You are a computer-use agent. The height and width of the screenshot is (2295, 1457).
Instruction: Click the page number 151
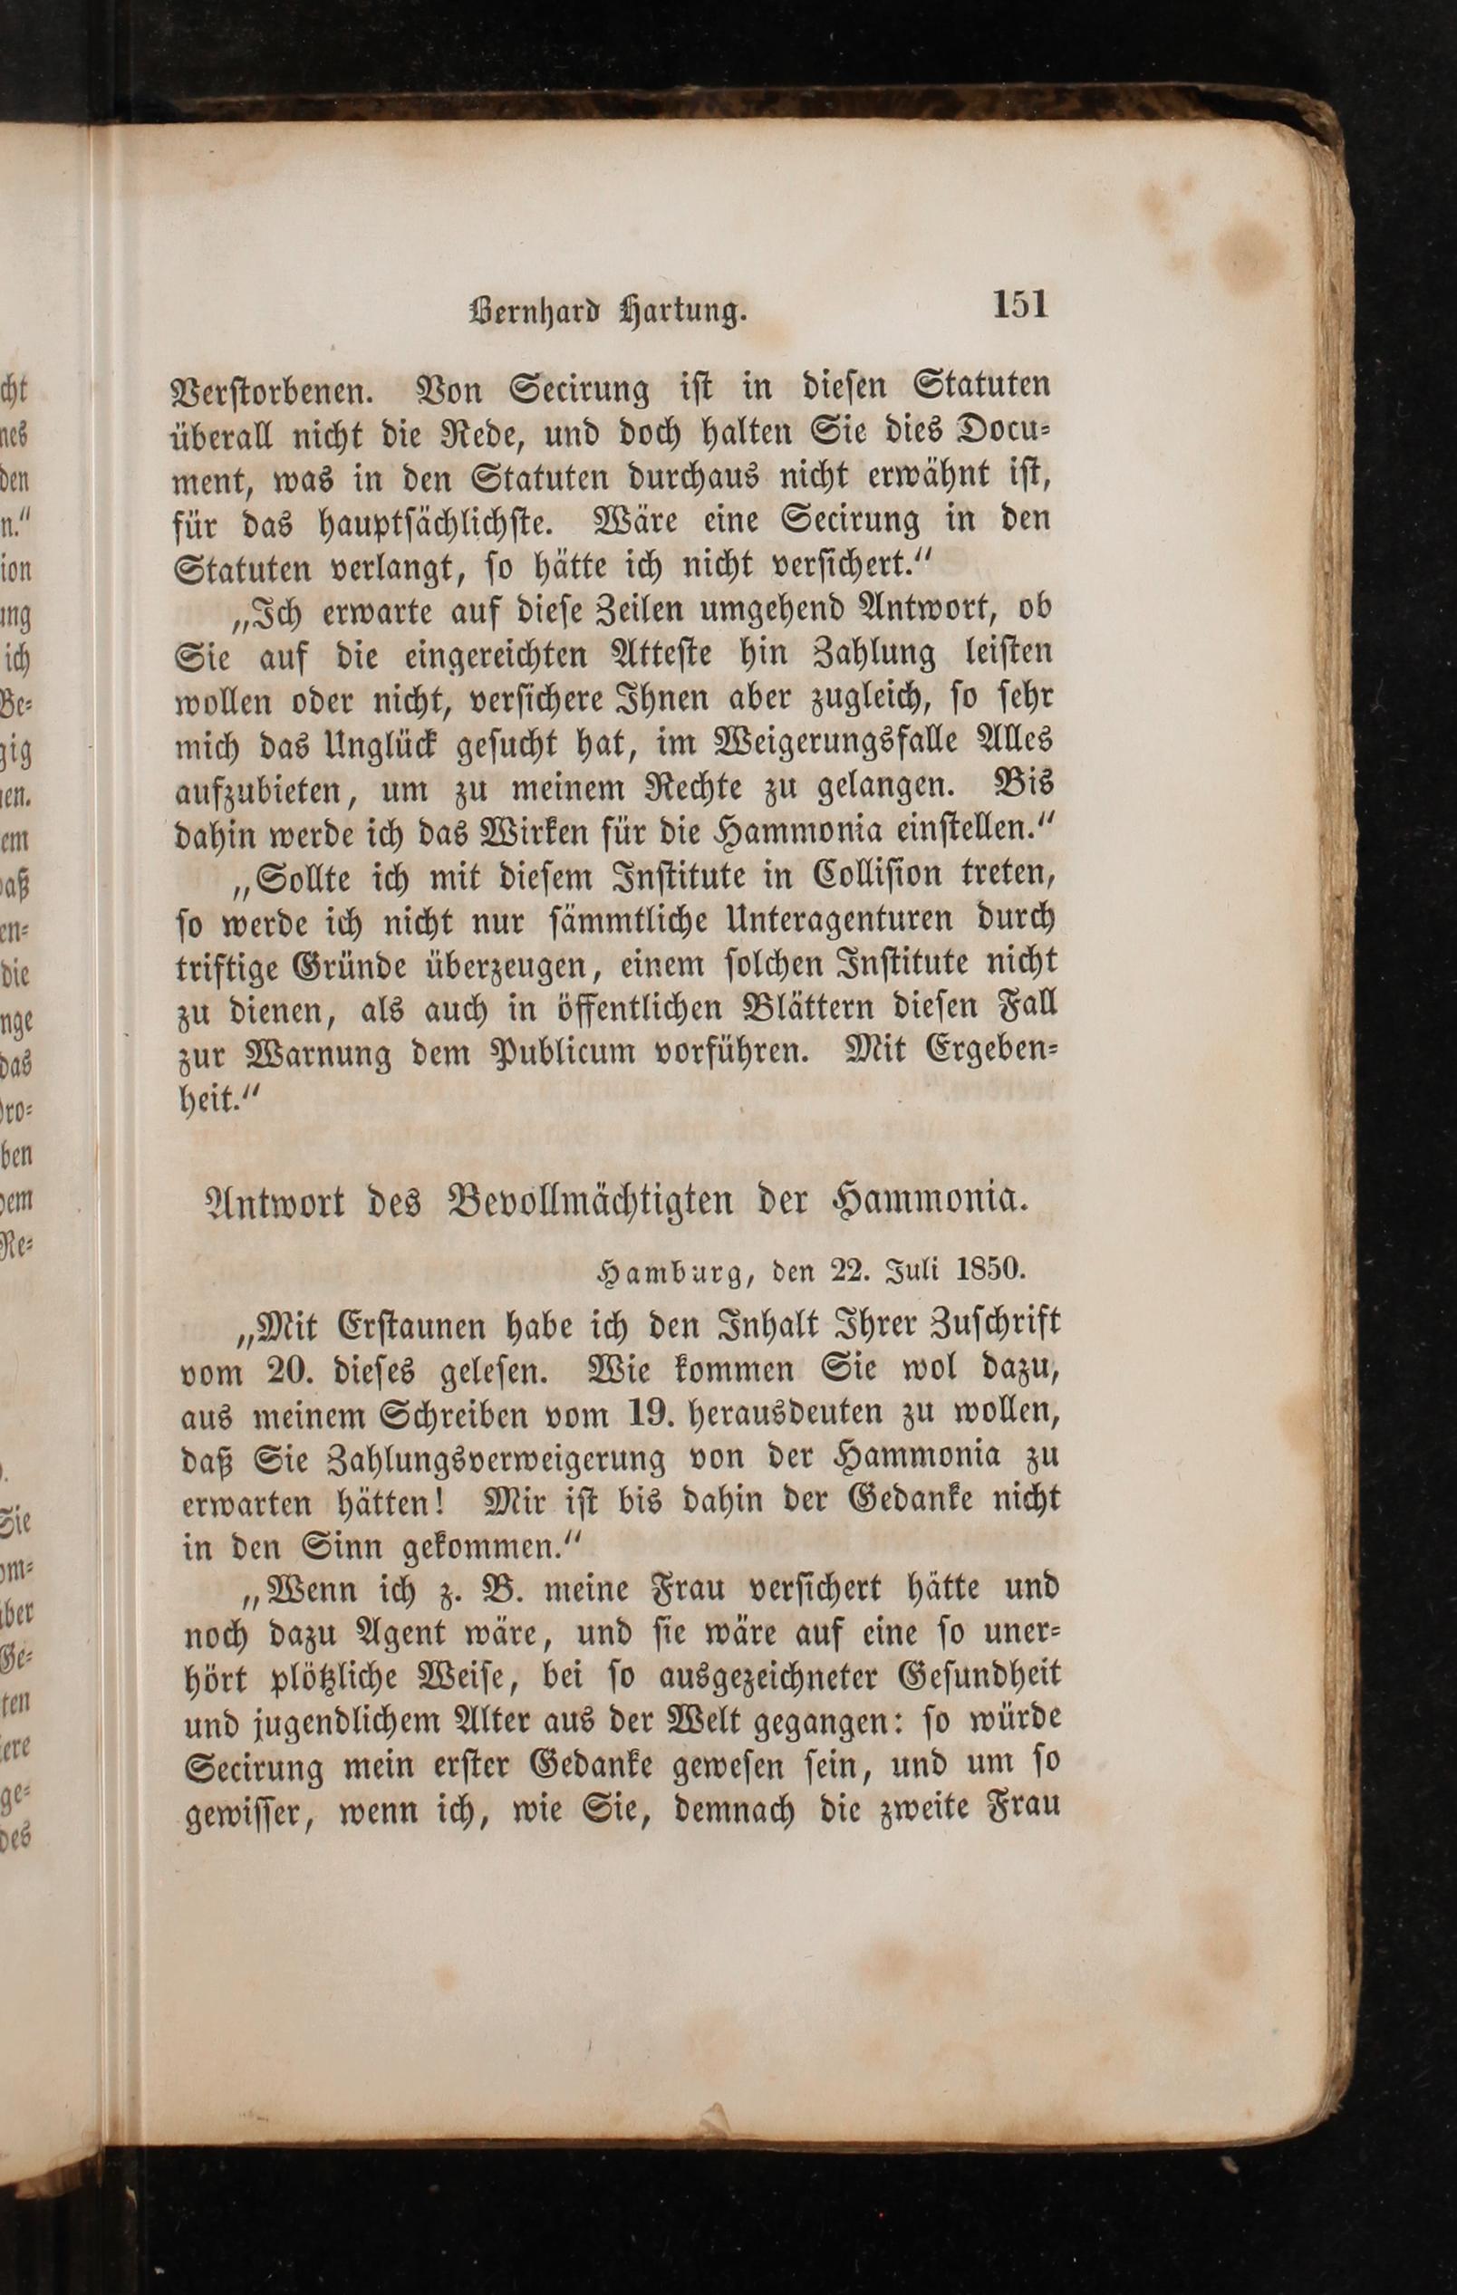click(x=1019, y=305)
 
